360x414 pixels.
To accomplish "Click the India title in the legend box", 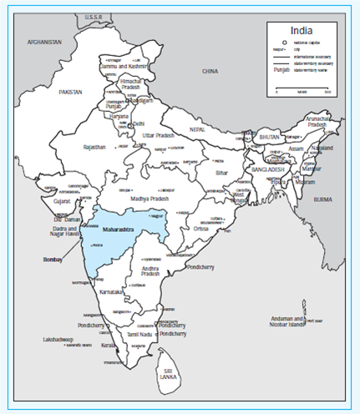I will click(302, 31).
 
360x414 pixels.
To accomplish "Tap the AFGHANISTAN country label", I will click(45, 41).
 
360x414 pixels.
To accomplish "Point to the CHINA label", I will click(210, 73).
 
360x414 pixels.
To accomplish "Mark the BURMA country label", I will click(332, 201).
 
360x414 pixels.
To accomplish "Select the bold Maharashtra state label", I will click(119, 228).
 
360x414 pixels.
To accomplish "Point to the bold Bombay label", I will click(53, 260).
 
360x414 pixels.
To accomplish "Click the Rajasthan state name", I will click(94, 147).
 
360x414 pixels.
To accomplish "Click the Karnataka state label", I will click(109, 293).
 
